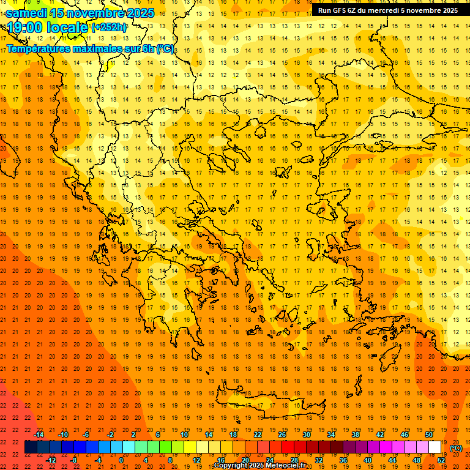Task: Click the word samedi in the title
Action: pyautogui.click(x=27, y=13)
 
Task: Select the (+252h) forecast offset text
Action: pyautogui.click(x=109, y=28)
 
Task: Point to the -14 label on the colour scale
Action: pyautogui.click(x=39, y=435)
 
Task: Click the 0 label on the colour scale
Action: pyautogui.click(x=121, y=460)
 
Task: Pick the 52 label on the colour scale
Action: pyautogui.click(x=441, y=460)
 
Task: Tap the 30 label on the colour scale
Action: pyautogui.click(x=307, y=435)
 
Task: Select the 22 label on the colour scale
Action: pyautogui.click(x=258, y=435)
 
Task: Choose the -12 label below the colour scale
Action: pyautogui.click(x=51, y=460)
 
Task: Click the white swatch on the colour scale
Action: pyautogui.click(x=435, y=447)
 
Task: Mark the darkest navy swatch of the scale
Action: pyautogui.click(x=31, y=447)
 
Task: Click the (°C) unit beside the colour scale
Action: pyautogui.click(x=456, y=448)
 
